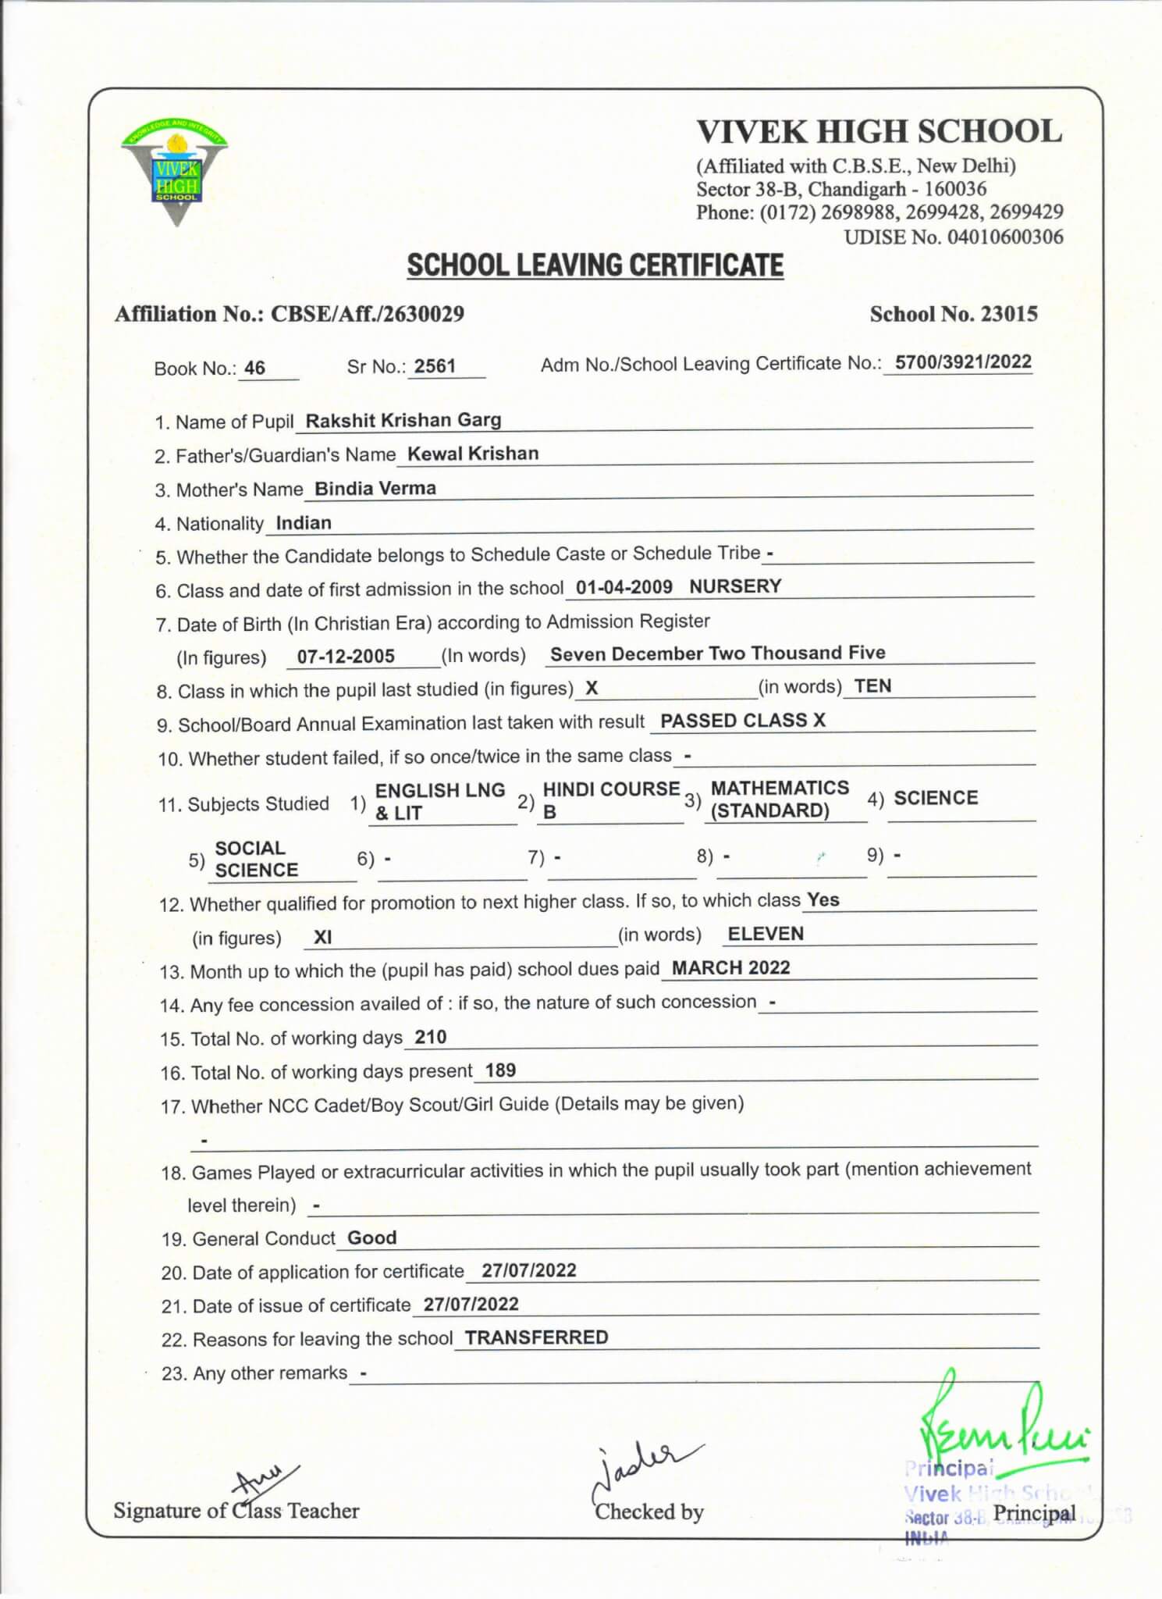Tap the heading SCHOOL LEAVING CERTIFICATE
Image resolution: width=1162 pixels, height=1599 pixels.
click(595, 265)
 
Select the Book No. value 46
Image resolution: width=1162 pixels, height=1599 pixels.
click(254, 368)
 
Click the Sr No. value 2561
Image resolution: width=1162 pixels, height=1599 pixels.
click(435, 366)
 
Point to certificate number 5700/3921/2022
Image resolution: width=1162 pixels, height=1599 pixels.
click(962, 362)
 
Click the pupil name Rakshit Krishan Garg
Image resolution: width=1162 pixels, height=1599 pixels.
click(403, 420)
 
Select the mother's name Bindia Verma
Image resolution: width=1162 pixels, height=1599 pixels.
click(375, 489)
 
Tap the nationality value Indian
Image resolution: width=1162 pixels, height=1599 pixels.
click(304, 523)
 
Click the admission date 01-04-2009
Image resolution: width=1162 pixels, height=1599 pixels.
click(624, 587)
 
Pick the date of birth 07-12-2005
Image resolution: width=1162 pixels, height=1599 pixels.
click(346, 657)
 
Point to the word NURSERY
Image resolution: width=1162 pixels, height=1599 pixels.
click(735, 586)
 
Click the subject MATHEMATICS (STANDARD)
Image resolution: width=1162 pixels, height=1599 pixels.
click(779, 799)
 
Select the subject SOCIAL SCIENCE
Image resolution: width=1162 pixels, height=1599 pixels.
click(256, 859)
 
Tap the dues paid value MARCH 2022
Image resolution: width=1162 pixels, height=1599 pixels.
click(730, 968)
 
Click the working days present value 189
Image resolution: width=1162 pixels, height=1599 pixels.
click(500, 1070)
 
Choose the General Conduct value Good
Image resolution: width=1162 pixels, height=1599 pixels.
click(371, 1238)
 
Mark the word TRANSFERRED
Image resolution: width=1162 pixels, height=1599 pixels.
click(536, 1337)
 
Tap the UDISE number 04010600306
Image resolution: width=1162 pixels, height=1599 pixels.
click(1004, 237)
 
